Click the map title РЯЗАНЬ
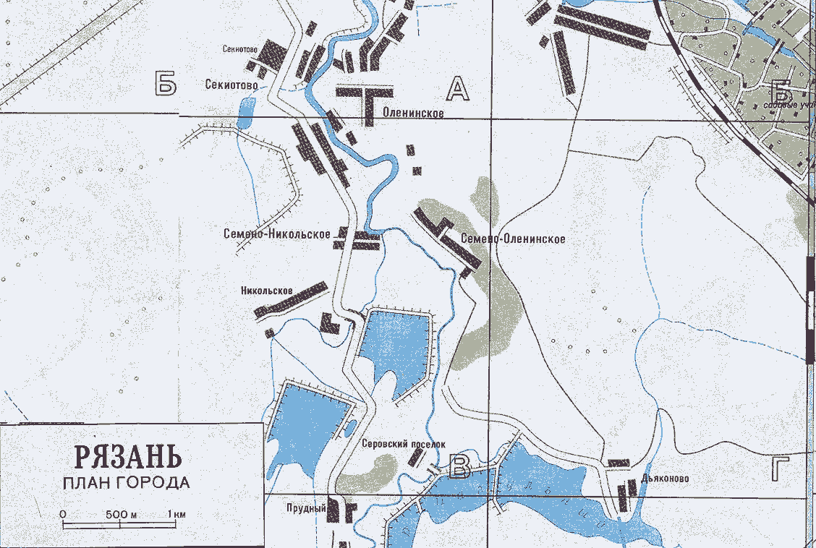(x=127, y=457)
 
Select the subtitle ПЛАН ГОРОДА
(x=127, y=483)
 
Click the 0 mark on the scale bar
(x=63, y=514)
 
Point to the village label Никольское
(x=266, y=291)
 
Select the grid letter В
(x=459, y=468)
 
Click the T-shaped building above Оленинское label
(x=366, y=101)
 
